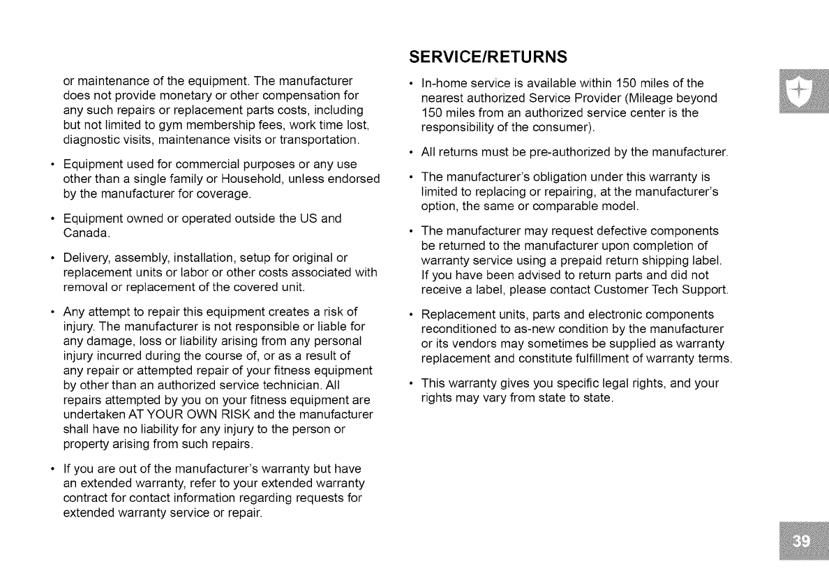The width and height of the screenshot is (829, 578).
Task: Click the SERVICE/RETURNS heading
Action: (x=488, y=56)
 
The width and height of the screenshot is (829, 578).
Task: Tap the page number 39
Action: (x=804, y=544)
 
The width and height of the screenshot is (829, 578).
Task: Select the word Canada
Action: (x=85, y=232)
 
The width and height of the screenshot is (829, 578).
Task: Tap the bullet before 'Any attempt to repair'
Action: (x=53, y=311)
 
